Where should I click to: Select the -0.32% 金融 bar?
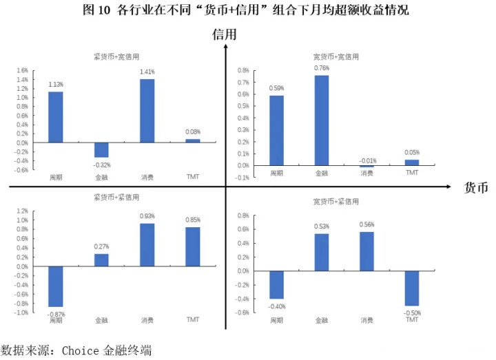[101, 150]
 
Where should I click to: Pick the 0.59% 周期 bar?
[276, 130]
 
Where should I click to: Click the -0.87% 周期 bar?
[56, 286]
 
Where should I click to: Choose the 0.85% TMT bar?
[193, 246]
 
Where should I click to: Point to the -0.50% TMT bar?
[412, 288]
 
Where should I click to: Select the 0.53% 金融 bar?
[322, 252]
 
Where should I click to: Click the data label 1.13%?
[56, 85]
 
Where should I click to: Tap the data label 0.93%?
[147, 216]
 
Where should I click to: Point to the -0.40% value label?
[277, 306]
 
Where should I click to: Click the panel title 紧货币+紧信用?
[118, 197]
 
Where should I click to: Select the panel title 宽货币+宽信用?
[336, 56]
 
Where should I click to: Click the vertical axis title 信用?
[225, 33]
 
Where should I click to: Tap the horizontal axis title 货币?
[476, 187]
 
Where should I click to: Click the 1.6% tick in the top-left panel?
[22, 70]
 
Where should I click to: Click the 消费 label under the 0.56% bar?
[367, 320]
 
